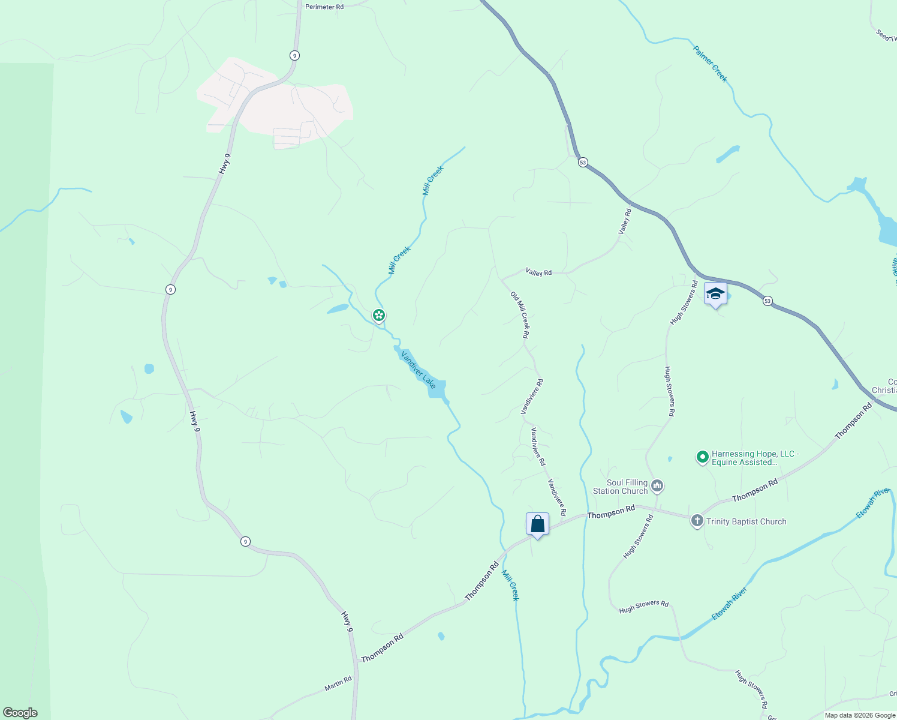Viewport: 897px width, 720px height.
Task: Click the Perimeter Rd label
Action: [324, 7]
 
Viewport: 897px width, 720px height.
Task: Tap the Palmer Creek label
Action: [710, 64]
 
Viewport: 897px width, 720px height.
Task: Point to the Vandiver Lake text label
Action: [418, 369]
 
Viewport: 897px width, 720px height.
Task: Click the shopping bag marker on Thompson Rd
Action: [538, 524]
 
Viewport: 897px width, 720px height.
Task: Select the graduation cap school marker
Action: [715, 294]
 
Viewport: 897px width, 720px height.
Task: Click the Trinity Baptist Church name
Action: [746, 521]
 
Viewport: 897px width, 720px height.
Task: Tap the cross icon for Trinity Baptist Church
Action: [697, 521]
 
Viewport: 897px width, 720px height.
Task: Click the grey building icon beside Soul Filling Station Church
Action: [657, 485]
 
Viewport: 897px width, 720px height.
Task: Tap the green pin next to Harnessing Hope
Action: [703, 457]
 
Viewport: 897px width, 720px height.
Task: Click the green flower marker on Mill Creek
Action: [378, 314]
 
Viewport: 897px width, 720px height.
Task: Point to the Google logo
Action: [20, 713]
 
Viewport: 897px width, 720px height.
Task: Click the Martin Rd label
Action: [338, 683]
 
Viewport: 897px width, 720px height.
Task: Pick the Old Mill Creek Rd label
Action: [520, 314]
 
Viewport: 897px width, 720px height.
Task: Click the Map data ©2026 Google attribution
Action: [860, 715]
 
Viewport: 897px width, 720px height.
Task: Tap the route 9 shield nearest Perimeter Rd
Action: [294, 55]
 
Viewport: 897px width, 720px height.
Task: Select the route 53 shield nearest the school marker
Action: [767, 301]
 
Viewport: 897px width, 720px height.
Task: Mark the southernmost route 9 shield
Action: [245, 541]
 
